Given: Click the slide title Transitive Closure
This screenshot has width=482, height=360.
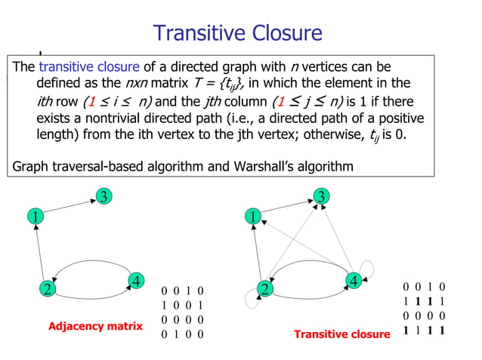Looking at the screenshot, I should [x=237, y=33].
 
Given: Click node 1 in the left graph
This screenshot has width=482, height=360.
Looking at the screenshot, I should [x=35, y=217].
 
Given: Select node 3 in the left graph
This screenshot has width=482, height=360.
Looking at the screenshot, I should [x=103, y=197].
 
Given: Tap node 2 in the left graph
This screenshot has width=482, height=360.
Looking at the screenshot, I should [x=47, y=288].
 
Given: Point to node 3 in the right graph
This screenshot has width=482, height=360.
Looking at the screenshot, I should [x=322, y=197].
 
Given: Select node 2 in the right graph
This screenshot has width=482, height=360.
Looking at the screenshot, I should [x=265, y=289].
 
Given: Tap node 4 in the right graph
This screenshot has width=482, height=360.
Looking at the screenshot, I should [x=353, y=281].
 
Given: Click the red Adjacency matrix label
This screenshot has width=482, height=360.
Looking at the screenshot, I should [x=95, y=327].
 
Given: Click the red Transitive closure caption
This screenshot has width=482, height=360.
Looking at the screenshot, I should [x=341, y=334].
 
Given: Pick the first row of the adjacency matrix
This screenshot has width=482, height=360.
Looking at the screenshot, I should [x=182, y=290].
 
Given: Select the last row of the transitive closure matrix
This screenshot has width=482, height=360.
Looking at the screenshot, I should [x=424, y=330].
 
